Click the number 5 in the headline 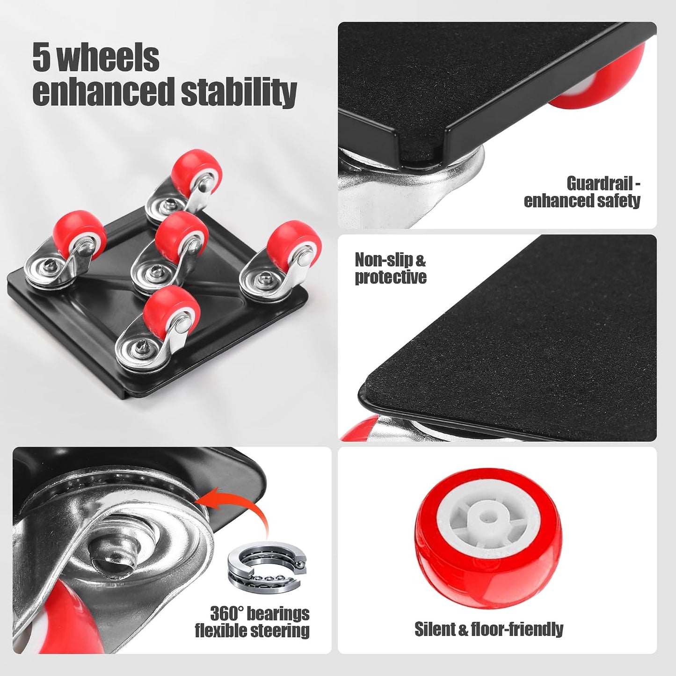pos(43,57)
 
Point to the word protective pos(391,277)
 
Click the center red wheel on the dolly pos(181,233)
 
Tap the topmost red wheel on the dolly pos(197,170)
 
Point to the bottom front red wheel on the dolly pos(172,311)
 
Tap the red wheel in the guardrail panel pos(603,80)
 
